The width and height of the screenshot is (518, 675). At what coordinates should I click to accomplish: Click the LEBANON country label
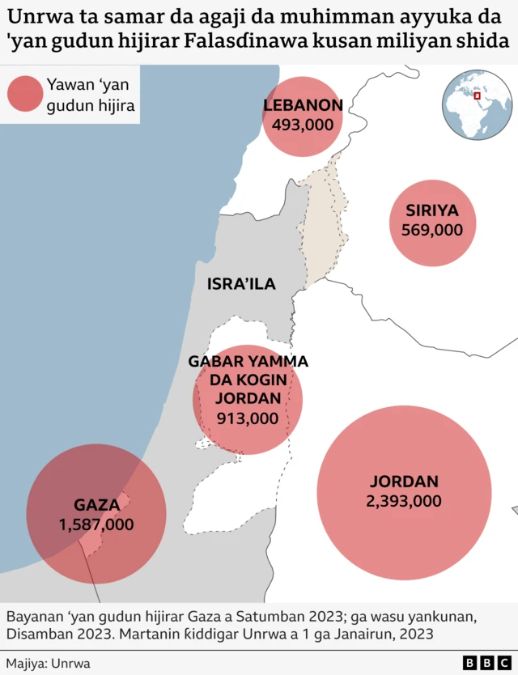303,105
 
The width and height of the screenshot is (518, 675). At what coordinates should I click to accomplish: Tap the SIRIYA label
432,211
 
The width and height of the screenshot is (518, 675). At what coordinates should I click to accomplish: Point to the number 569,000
432,230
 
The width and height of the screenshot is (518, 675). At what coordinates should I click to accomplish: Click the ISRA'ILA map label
241,284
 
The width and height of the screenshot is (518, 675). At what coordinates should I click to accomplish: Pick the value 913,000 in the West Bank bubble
248,418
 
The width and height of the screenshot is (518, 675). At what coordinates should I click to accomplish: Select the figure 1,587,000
96,524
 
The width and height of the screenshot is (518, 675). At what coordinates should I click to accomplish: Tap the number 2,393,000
404,501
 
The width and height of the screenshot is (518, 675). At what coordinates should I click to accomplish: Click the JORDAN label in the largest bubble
404,481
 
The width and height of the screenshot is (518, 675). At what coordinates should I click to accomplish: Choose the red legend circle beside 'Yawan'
24,93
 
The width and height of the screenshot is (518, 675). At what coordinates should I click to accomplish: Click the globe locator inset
477,105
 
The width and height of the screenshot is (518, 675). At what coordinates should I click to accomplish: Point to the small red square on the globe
478,97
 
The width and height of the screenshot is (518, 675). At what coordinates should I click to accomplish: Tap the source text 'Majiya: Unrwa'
49,663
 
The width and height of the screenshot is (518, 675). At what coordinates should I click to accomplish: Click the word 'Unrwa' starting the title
33,16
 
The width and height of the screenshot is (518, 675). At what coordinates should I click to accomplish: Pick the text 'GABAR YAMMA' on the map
248,362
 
